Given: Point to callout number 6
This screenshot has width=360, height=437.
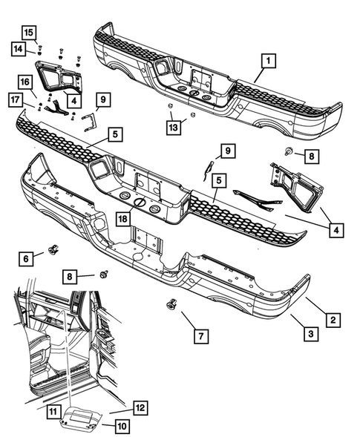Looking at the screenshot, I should coord(27,257).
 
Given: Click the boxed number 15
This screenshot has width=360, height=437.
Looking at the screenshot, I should coord(27,32).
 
